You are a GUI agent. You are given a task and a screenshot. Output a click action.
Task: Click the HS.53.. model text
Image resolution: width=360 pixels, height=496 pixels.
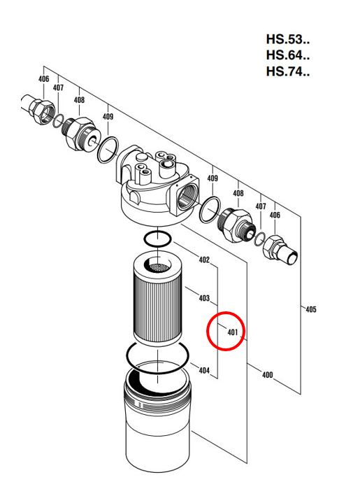[287, 40]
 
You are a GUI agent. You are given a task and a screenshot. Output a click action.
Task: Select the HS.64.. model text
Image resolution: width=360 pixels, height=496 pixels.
[287, 55]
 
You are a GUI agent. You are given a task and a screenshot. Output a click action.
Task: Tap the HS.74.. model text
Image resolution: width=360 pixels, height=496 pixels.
[287, 71]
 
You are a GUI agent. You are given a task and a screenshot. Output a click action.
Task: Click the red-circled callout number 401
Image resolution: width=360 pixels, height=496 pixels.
[232, 332]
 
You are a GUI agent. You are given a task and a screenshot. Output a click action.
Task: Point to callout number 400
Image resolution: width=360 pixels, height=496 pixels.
[268, 375]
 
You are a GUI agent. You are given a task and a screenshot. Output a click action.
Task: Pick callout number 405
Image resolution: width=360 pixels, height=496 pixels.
[311, 309]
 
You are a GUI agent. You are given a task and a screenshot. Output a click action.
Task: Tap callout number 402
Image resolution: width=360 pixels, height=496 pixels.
[204, 260]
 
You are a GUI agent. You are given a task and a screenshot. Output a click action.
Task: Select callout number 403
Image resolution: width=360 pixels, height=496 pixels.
[204, 298]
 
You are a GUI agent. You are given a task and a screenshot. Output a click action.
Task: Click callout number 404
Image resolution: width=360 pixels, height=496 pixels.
[204, 370]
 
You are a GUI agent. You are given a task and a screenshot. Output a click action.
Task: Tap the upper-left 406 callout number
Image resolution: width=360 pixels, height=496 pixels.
[44, 78]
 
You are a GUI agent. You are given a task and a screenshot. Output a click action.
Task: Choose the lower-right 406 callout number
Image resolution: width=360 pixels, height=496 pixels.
[275, 215]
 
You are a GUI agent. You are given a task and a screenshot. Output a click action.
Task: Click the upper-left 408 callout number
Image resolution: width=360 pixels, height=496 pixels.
[79, 100]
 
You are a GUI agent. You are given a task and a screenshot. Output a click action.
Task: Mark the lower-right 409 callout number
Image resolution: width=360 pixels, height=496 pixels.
[213, 178]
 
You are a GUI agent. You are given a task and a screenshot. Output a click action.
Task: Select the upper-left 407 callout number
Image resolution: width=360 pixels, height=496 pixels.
[58, 87]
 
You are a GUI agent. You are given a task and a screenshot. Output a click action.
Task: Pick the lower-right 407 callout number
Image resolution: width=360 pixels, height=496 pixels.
[261, 206]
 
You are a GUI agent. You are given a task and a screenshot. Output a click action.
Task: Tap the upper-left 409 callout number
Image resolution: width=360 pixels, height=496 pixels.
[108, 116]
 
